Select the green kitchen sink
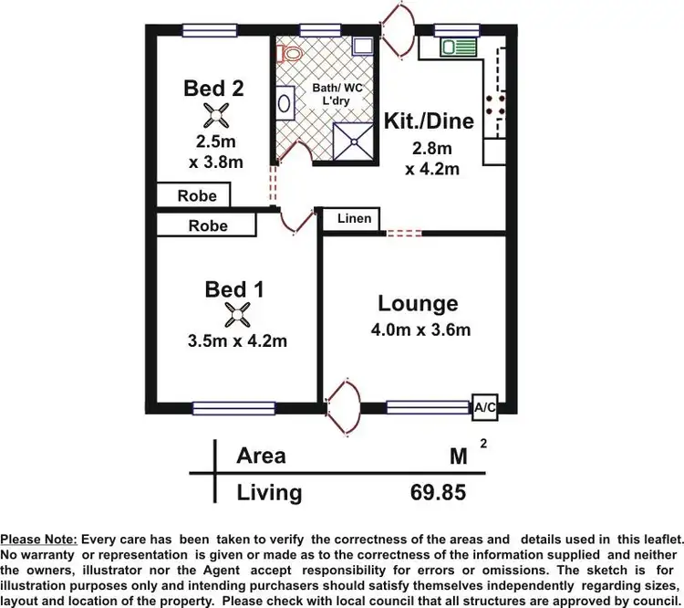(453, 47)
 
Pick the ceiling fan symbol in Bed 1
(236, 316)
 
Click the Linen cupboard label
(354, 219)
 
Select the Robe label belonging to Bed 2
(197, 195)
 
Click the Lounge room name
(419, 303)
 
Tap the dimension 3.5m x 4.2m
(237, 341)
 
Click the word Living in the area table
(269, 493)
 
